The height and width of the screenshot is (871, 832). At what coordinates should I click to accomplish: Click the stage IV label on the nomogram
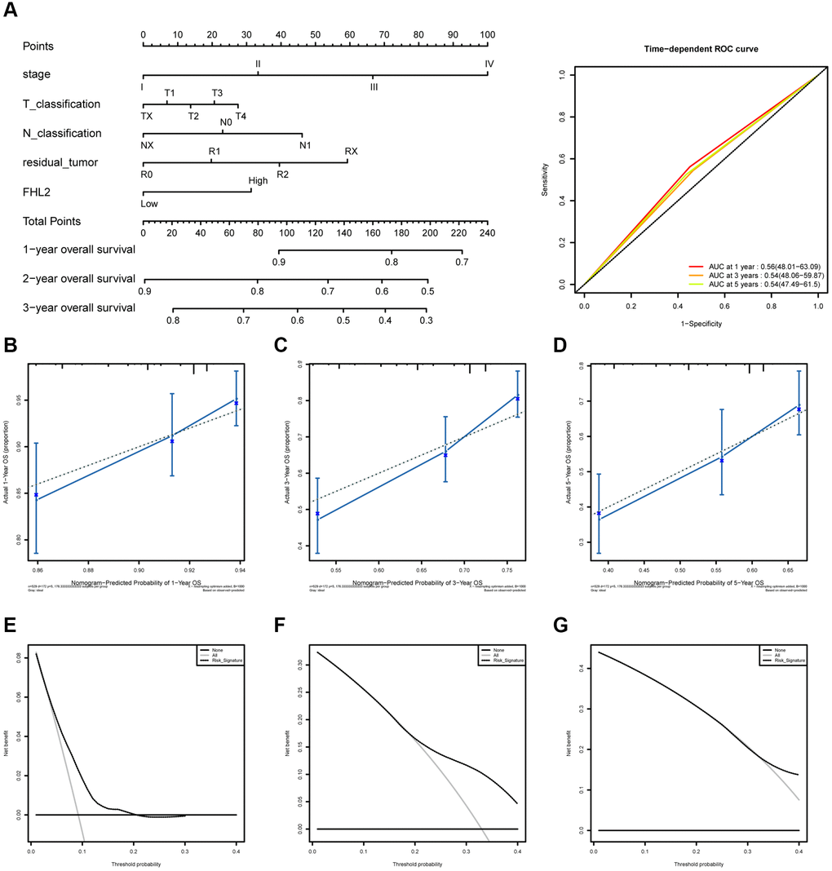(x=489, y=63)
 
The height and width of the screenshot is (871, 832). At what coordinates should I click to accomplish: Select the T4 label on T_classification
(x=241, y=116)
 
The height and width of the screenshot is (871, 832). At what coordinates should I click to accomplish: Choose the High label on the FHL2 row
(x=259, y=180)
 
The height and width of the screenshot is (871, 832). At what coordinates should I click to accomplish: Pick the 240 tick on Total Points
(x=487, y=232)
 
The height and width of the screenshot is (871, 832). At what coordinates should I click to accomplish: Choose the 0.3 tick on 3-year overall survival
(x=426, y=321)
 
